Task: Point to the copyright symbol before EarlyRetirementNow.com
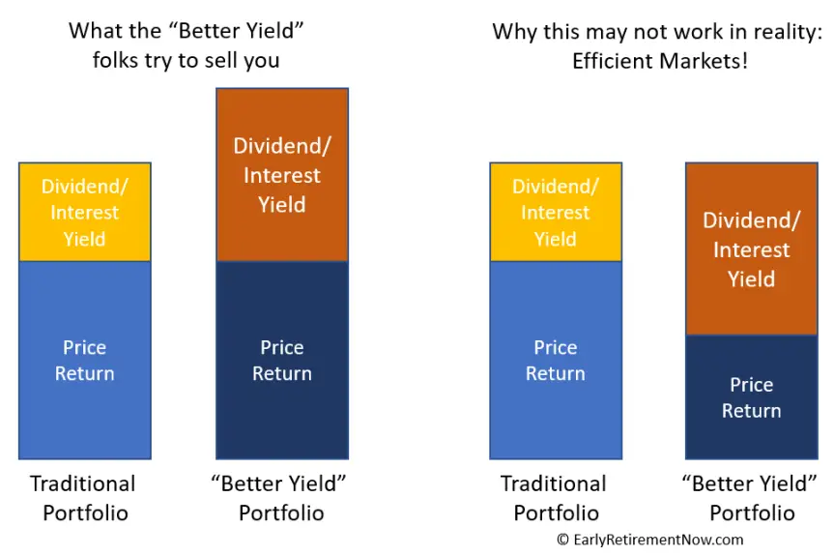562,540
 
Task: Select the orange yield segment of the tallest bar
282,175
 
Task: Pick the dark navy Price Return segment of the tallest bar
282,361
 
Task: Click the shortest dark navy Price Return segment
752,396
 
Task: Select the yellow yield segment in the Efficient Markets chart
556,213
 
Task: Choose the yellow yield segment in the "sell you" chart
85,213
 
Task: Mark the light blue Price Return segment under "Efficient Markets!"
556,361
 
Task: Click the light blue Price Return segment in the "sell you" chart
85,361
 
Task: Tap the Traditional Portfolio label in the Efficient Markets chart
554,499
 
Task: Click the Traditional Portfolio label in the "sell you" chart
83,499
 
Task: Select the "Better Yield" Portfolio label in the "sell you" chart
280,499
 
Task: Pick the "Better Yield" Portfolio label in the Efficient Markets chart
751,499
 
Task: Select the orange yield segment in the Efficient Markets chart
752,249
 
